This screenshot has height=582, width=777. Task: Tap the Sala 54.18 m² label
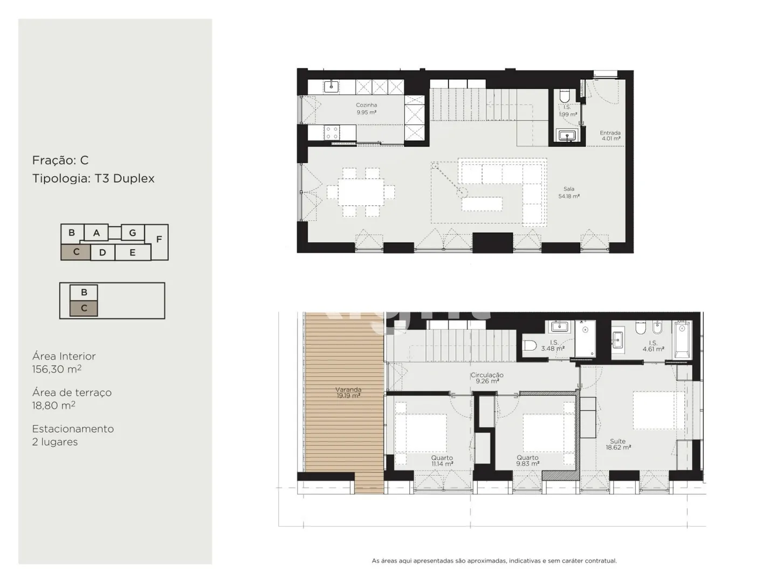pyautogui.click(x=569, y=192)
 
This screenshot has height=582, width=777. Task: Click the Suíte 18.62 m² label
pyautogui.click(x=618, y=444)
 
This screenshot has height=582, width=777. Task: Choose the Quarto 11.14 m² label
pyautogui.click(x=442, y=461)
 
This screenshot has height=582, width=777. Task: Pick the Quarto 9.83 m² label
pyautogui.click(x=527, y=461)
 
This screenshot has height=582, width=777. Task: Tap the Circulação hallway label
pyautogui.click(x=487, y=378)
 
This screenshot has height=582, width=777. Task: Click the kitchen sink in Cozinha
pyautogui.click(x=331, y=87)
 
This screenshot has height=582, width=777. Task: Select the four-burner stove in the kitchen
pyautogui.click(x=332, y=133)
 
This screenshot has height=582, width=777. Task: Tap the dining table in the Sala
pyautogui.click(x=361, y=192)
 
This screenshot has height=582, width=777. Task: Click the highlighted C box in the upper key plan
pyautogui.click(x=75, y=252)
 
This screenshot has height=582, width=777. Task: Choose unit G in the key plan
pyautogui.click(x=133, y=233)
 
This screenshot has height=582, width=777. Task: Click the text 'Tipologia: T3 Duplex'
pyautogui.click(x=93, y=178)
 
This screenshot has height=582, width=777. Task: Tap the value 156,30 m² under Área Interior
pyautogui.click(x=57, y=369)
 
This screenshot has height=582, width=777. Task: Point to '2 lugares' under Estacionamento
pyautogui.click(x=55, y=442)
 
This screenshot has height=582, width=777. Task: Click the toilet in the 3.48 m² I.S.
pyautogui.click(x=530, y=345)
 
